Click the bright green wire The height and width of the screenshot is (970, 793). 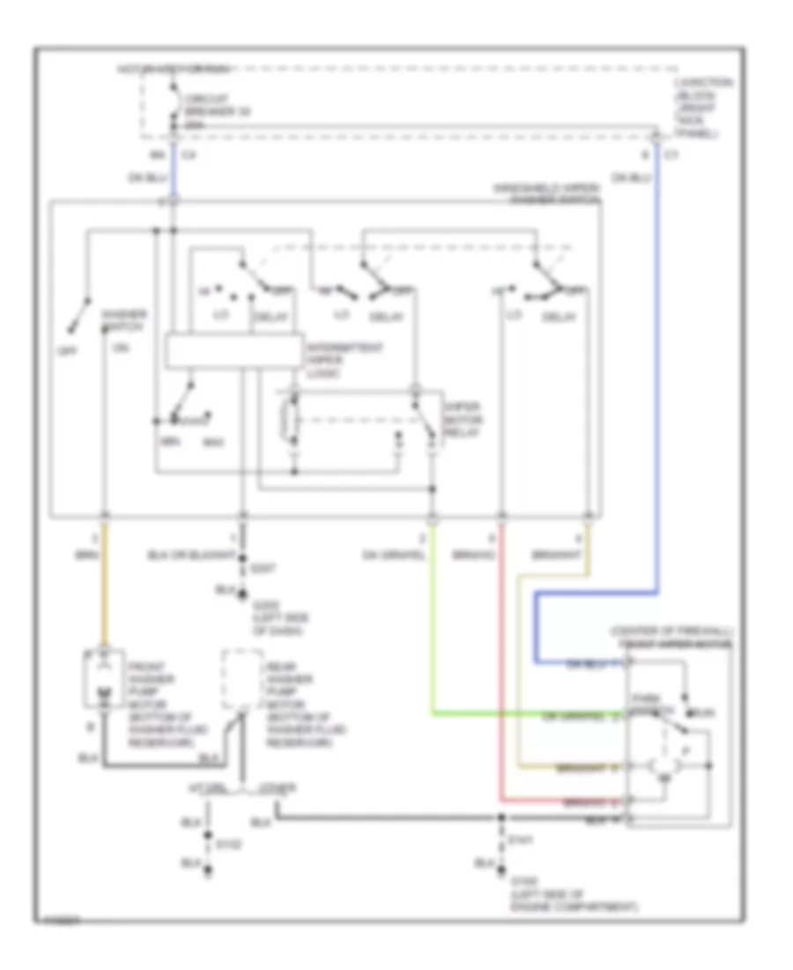[434, 635]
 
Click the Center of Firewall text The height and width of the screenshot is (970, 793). [670, 633]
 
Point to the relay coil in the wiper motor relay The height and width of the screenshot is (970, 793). [285, 422]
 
